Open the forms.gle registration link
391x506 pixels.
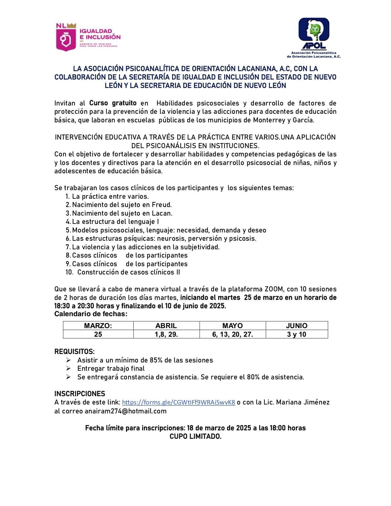coord(178,402)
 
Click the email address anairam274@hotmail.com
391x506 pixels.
coord(125,411)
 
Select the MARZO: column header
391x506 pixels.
coord(98,326)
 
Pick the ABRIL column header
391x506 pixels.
coord(166,326)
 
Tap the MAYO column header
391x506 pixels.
coord(232,326)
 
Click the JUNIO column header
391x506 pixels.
coord(297,326)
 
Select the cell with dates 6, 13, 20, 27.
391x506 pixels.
coord(232,334)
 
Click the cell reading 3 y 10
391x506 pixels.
coord(297,334)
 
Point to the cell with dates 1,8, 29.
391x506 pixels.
coord(166,334)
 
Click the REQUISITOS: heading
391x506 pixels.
coord(75,351)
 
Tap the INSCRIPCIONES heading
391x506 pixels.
coord(80,394)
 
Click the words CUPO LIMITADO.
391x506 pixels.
coord(195,436)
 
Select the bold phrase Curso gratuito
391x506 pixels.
coord(113,103)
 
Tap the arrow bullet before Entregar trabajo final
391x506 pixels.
coord(68,368)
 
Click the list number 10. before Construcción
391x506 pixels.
coord(69,272)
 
